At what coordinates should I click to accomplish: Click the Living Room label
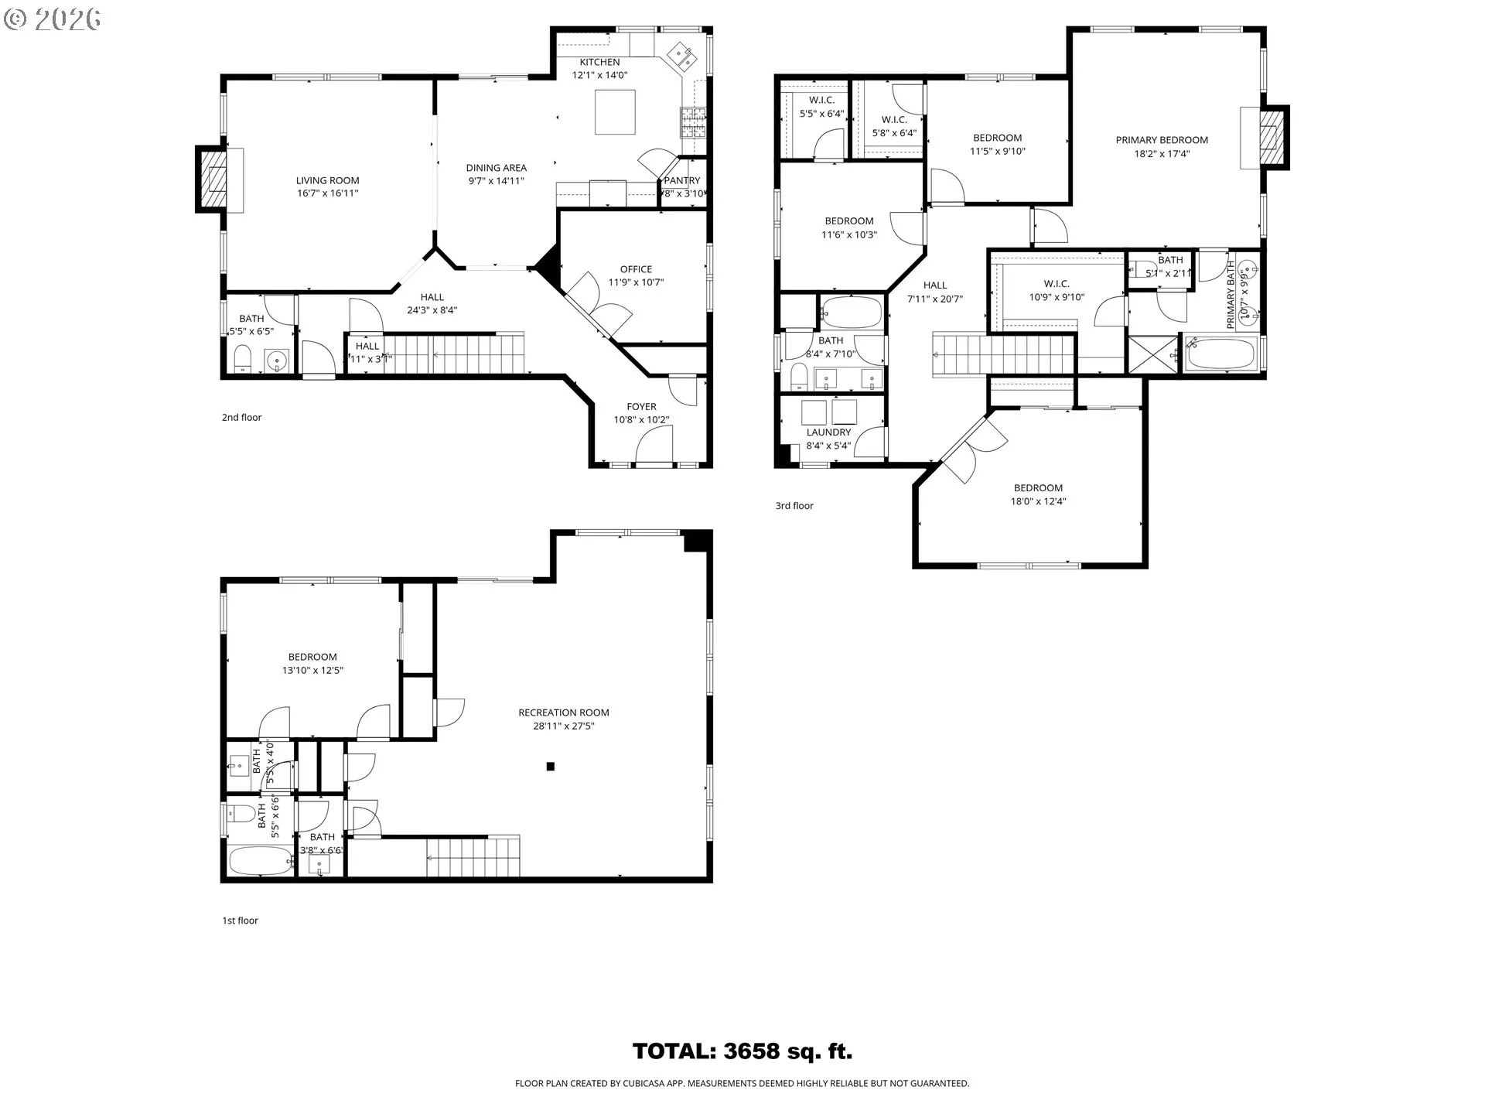pos(327,180)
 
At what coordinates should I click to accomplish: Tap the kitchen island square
pos(615,112)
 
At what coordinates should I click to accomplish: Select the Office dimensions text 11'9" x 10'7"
pos(636,282)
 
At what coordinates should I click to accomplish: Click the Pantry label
pos(681,180)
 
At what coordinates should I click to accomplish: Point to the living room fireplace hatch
pos(213,179)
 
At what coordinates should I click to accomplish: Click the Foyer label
pos(641,406)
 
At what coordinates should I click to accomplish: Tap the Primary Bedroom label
pos(1161,140)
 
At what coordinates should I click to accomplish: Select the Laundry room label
pos(828,432)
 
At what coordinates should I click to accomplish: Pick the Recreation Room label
pos(563,712)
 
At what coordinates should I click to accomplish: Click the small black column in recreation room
pos(551,767)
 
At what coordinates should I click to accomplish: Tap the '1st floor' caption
pos(240,921)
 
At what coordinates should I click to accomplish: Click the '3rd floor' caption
pos(794,506)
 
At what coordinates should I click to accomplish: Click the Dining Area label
pos(496,168)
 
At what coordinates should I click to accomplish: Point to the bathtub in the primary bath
pos(1220,355)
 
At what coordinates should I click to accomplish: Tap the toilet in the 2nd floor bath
pos(243,359)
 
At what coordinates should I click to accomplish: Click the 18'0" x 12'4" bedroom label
pos(1038,488)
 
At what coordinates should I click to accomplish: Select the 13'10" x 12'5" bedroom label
pos(312,657)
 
